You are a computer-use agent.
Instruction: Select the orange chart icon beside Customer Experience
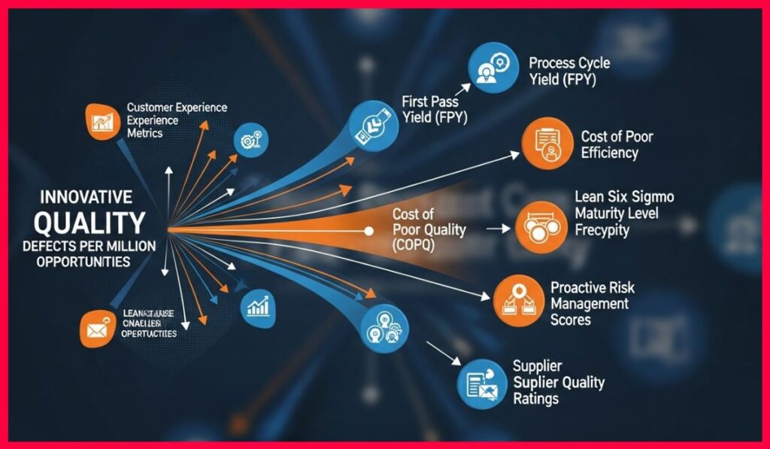[x=101, y=122]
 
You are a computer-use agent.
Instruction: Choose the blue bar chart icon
[x=257, y=305]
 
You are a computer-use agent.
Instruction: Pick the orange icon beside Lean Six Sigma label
[x=540, y=226]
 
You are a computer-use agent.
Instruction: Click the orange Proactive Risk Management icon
[x=517, y=299]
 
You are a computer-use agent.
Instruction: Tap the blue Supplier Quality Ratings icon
[x=482, y=383]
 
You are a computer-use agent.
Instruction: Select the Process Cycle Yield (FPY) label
[x=569, y=70]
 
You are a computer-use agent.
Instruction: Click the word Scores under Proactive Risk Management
[x=571, y=319]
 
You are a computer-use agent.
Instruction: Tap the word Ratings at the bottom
[x=535, y=399]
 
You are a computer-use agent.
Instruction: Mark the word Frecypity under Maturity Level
[x=602, y=231]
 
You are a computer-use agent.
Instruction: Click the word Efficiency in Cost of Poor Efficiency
[x=609, y=153]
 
